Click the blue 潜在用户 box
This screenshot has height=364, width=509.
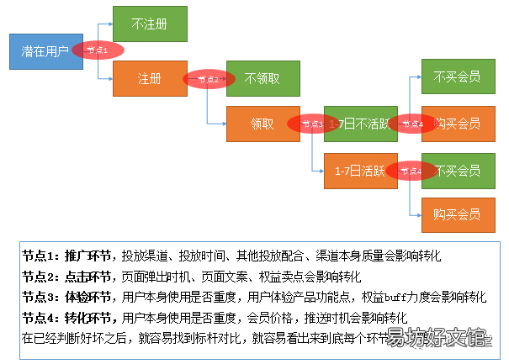click(x=45, y=51)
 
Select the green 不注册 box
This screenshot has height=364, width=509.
click(x=150, y=23)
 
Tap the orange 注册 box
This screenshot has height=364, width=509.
click(x=150, y=78)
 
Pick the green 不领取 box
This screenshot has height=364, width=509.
click(x=262, y=78)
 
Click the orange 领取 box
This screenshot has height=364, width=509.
click(x=262, y=124)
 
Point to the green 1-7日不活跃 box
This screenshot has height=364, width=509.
click(x=360, y=124)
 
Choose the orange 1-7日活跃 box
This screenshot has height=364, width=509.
click(x=360, y=171)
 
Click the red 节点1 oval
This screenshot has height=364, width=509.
click(x=98, y=50)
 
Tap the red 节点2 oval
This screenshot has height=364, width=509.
click(x=208, y=79)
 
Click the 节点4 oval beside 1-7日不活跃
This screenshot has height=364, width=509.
click(x=411, y=124)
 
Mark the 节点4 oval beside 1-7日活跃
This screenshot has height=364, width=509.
click(x=411, y=171)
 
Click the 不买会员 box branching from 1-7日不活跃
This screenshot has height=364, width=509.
click(x=457, y=77)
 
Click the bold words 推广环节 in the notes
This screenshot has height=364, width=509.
click(x=90, y=255)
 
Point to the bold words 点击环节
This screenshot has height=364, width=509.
click(x=90, y=276)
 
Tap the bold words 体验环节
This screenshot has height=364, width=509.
click(x=90, y=297)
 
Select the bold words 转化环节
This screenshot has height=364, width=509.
click(x=90, y=318)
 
